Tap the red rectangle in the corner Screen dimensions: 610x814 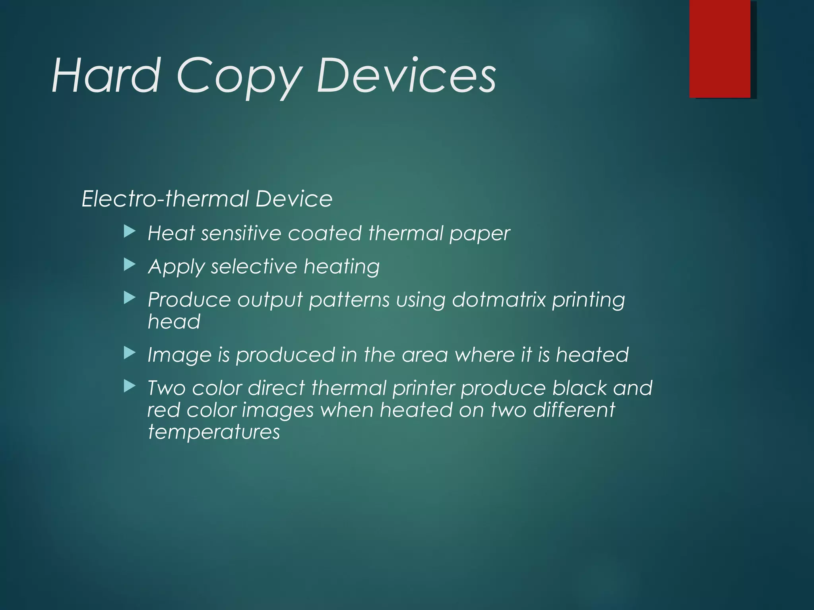[719, 48]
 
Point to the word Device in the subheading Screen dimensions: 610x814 [294, 199]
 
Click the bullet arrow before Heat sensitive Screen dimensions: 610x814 [130, 232]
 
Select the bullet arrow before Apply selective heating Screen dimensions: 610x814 [130, 265]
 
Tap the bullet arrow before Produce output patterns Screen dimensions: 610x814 [130, 298]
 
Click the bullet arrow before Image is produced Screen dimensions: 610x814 [130, 353]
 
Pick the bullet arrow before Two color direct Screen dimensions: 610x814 [130, 386]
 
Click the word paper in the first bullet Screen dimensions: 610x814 [479, 234]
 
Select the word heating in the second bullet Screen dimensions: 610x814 [341, 267]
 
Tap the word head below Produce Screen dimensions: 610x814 [174, 321]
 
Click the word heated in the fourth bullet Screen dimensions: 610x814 [592, 355]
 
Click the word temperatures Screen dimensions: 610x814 [214, 432]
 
